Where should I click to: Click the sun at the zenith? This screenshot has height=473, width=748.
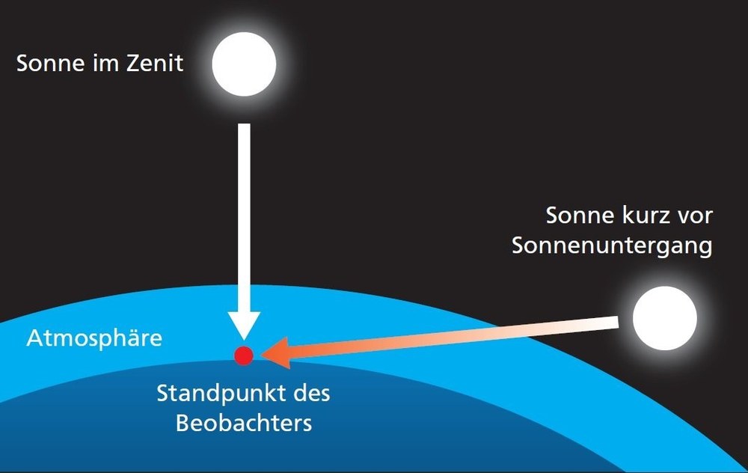coord(244,64)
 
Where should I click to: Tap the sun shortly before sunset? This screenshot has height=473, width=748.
coord(664,318)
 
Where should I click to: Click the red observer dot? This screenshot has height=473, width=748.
coord(244,355)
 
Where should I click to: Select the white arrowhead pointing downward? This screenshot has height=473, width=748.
coord(244,326)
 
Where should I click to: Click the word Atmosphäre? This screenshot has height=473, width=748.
coord(94,338)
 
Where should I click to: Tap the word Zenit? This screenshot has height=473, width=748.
coord(155,64)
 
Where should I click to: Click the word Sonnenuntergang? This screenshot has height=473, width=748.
coord(612,245)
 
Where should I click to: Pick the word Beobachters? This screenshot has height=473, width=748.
coord(244,423)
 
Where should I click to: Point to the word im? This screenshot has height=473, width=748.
coord(106,64)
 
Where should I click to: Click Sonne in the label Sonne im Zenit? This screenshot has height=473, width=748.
coord(51,64)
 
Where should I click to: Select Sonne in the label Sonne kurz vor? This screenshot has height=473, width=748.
coord(580,216)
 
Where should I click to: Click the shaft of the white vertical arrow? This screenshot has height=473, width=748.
coord(244,218)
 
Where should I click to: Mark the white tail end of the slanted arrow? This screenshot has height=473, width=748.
coord(619,322)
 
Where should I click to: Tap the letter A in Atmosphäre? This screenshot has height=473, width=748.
coord(35,338)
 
